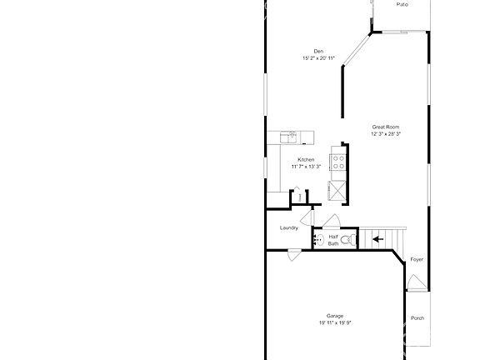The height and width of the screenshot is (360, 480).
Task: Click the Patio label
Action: pyautogui.click(x=402, y=5)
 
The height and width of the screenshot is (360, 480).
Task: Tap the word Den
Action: pyautogui.click(x=307, y=52)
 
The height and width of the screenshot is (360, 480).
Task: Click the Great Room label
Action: pyautogui.click(x=385, y=127)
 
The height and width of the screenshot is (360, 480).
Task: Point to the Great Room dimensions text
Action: pyautogui.click(x=386, y=133)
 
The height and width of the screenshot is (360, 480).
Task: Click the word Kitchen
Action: pyautogui.click(x=306, y=159)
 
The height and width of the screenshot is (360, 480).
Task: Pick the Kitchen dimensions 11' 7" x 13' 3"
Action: pyautogui.click(x=307, y=167)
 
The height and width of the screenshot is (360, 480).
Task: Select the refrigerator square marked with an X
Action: pyautogui.click(x=337, y=188)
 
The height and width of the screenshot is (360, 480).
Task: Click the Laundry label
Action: pyautogui.click(x=289, y=227)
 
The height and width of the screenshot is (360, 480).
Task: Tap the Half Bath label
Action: pyautogui.click(x=333, y=240)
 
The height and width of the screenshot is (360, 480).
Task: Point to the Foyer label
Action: pyautogui.click(x=417, y=259)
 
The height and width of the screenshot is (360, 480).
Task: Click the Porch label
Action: pyautogui.click(x=417, y=317)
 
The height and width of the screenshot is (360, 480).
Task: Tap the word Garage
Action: pyautogui.click(x=335, y=316)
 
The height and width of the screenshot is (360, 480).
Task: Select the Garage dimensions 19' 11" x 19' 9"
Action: pyautogui.click(x=335, y=323)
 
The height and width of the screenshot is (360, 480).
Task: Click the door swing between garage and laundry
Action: pyautogui.click(x=292, y=254)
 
